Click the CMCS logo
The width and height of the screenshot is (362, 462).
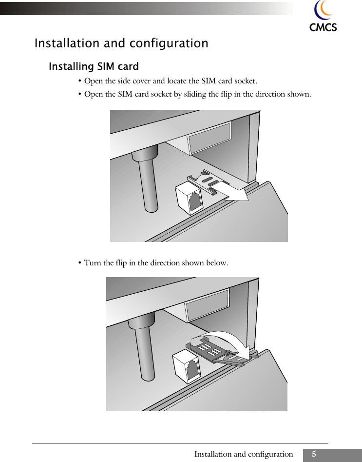click(x=323, y=17)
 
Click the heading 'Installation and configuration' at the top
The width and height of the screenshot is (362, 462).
click(x=121, y=43)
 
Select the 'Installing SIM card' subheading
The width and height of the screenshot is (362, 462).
click(x=94, y=66)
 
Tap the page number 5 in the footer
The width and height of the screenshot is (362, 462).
click(x=314, y=454)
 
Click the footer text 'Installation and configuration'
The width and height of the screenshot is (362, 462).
click(x=244, y=454)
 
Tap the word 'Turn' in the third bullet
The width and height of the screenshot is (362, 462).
click(x=93, y=263)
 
